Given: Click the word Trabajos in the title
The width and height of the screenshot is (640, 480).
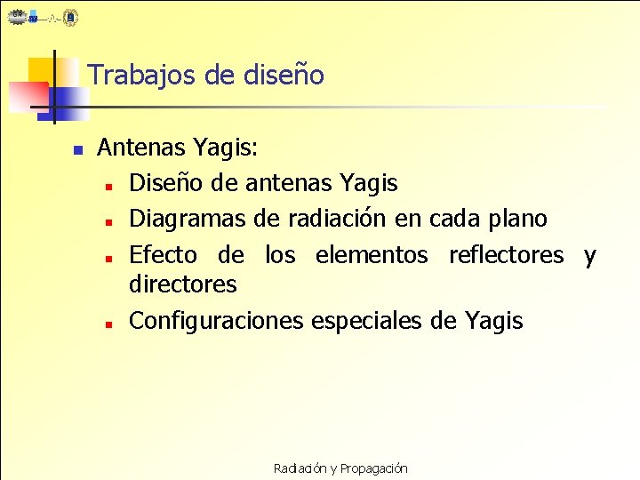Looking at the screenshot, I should pyautogui.click(x=141, y=76).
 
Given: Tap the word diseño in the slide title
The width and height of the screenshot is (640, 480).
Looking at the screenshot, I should pyautogui.click(x=284, y=76).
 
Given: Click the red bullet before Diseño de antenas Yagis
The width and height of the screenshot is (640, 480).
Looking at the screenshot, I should pyautogui.click(x=106, y=188).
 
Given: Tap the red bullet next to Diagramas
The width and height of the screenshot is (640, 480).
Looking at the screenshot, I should pyautogui.click(x=106, y=221).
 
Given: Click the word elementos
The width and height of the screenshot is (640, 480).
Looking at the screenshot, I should pyautogui.click(x=372, y=256).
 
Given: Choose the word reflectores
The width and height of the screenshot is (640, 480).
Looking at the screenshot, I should pyautogui.click(x=506, y=256).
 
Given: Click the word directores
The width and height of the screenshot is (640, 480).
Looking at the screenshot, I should pyautogui.click(x=183, y=285).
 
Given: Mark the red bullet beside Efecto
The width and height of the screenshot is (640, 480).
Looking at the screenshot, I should pyautogui.click(x=106, y=258).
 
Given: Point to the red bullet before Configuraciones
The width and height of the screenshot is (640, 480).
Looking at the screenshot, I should pyautogui.click(x=106, y=324).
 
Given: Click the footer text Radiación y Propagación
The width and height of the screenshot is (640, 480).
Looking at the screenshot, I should pyautogui.click(x=340, y=468).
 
